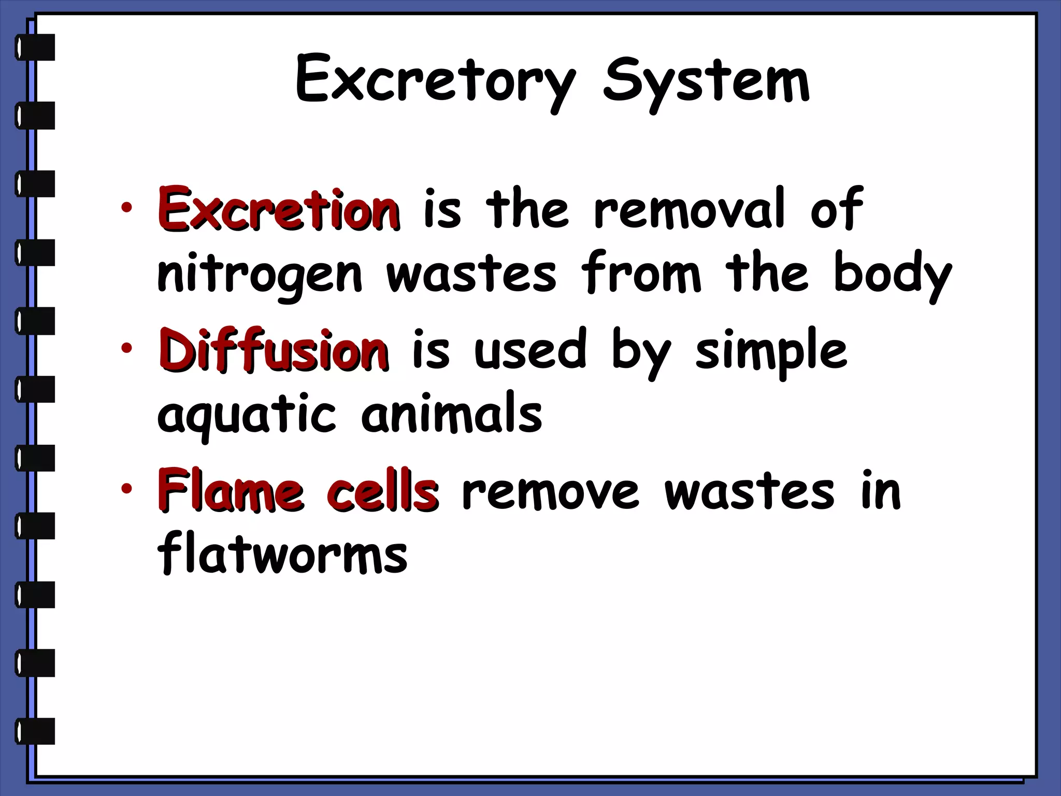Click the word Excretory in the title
click(x=435, y=83)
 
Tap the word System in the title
click(x=706, y=83)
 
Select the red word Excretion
click(x=279, y=210)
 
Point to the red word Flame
click(x=230, y=490)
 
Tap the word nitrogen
click(x=260, y=275)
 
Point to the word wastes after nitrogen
click(x=471, y=275)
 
